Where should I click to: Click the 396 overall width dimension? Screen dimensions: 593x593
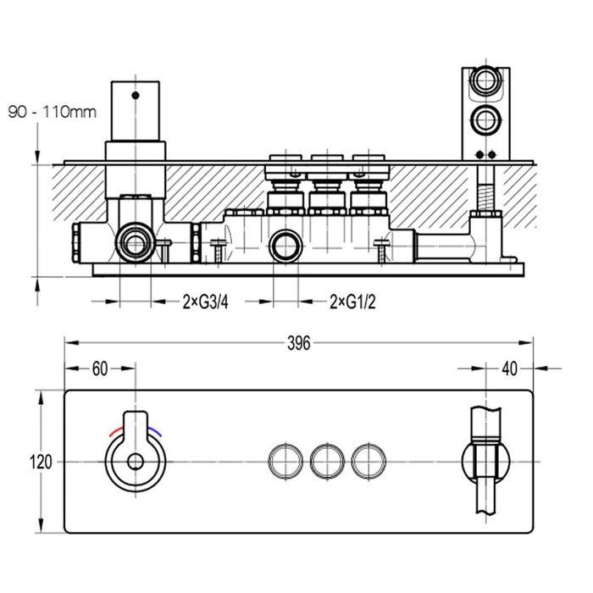(x=298, y=343)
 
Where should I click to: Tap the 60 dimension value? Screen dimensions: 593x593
(x=101, y=369)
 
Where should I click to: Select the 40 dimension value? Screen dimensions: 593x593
(x=508, y=369)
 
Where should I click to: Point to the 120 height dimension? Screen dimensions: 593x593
(x=41, y=462)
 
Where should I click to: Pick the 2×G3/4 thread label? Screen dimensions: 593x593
(x=206, y=301)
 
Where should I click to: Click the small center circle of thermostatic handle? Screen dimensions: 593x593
(x=135, y=462)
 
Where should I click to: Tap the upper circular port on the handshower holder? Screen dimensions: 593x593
(x=486, y=82)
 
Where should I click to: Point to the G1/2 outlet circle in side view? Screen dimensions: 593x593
(x=285, y=247)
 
